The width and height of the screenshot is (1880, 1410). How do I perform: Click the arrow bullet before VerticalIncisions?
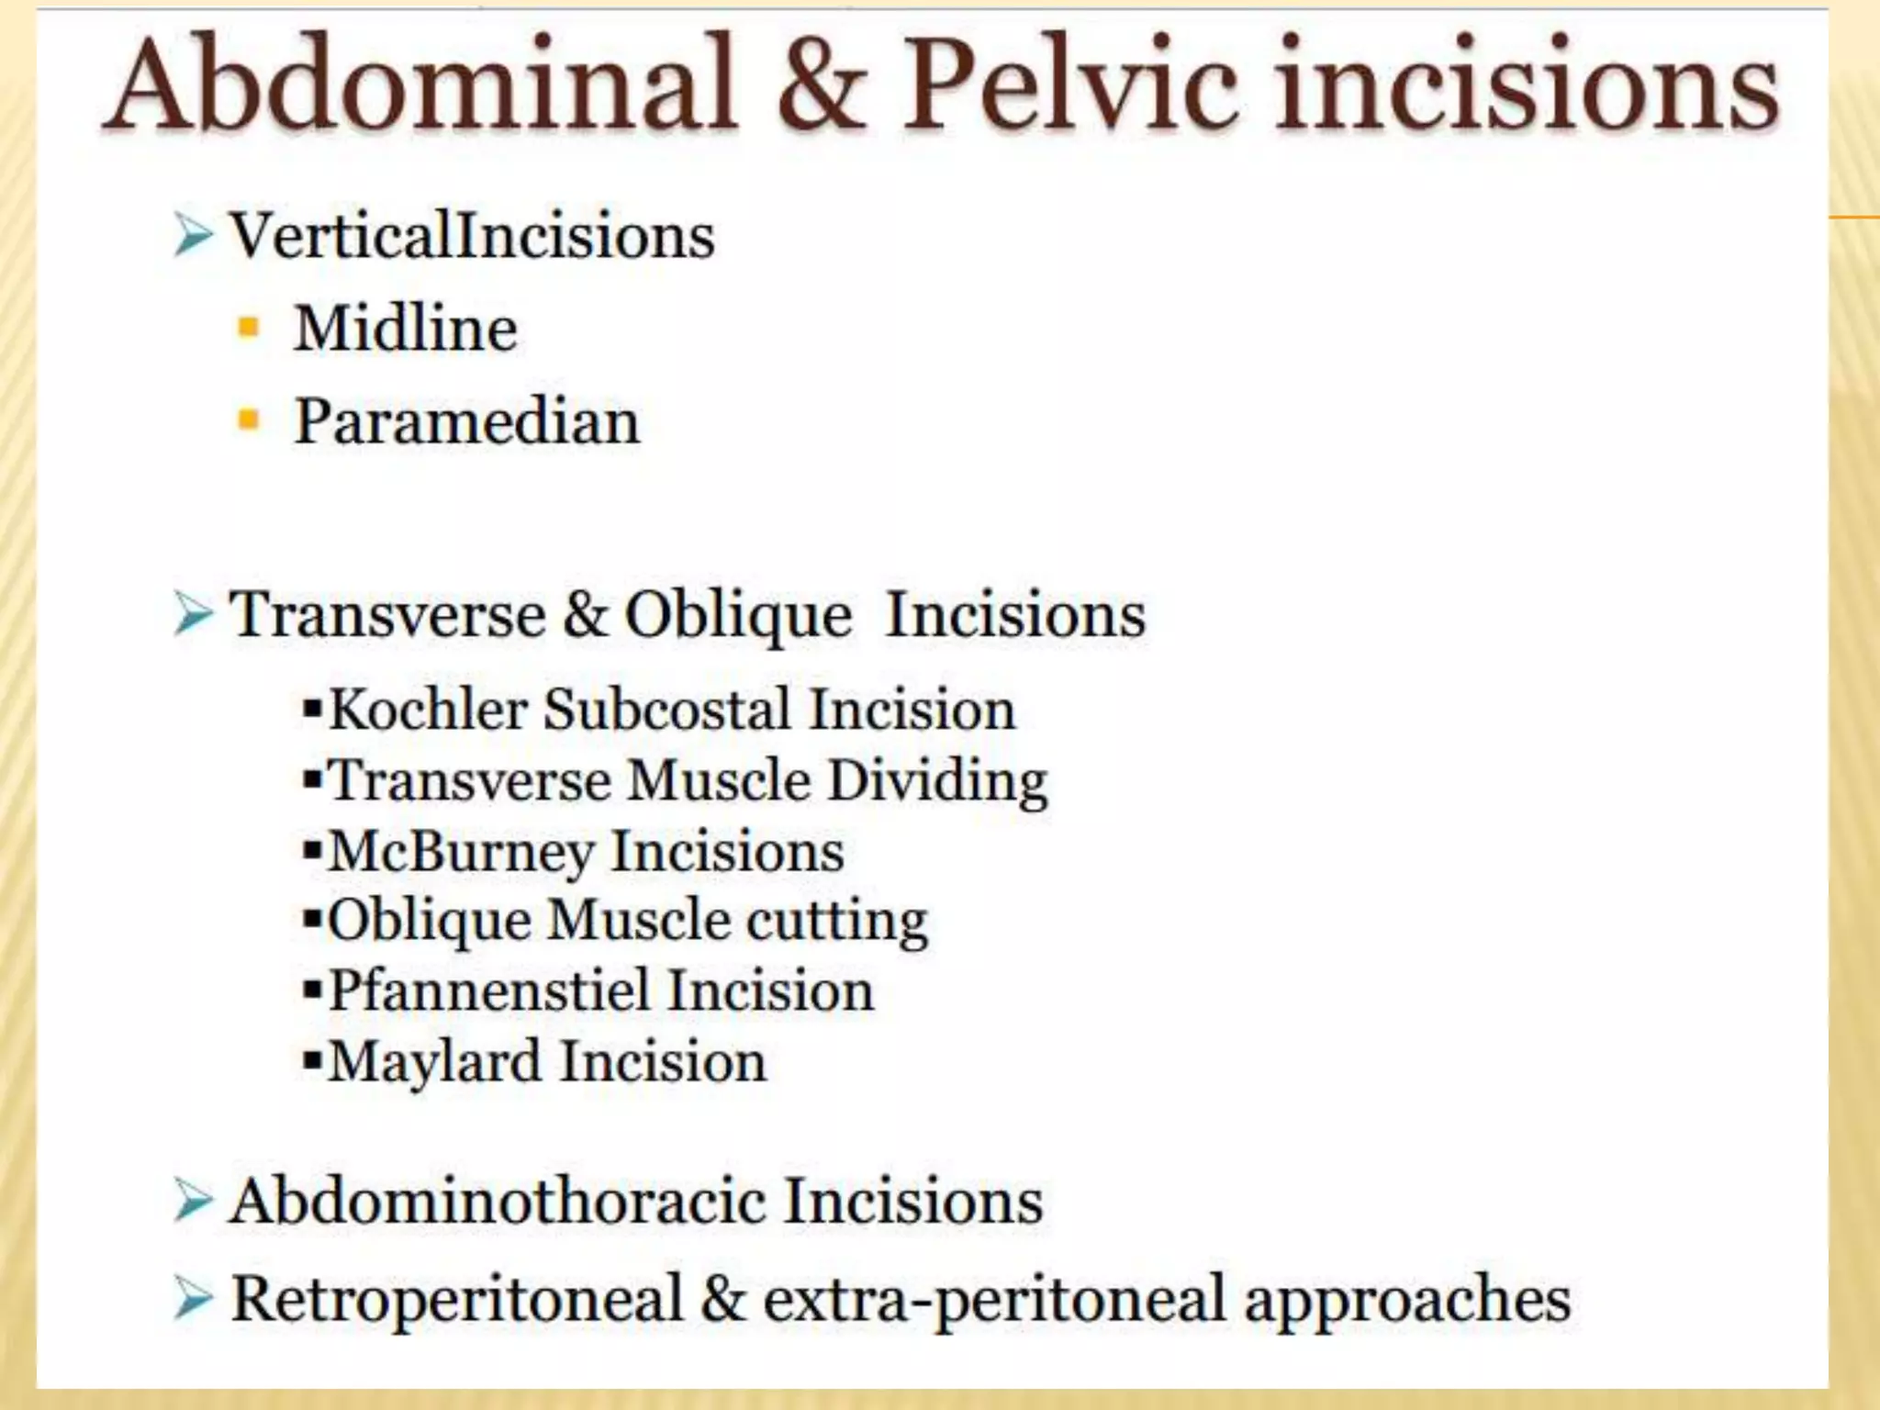[x=193, y=236]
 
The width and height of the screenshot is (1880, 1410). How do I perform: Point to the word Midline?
[x=405, y=329]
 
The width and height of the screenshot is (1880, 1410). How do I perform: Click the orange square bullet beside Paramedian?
[x=249, y=420]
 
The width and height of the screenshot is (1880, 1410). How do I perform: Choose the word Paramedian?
[x=466, y=422]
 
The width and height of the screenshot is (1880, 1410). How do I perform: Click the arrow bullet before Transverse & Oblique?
[x=193, y=614]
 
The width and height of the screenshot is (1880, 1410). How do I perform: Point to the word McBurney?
[x=462, y=852]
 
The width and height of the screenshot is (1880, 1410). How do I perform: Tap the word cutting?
[x=836, y=921]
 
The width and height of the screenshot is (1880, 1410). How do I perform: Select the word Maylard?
[x=435, y=1062]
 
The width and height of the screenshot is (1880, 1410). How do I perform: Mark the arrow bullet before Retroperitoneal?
[x=193, y=1298]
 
